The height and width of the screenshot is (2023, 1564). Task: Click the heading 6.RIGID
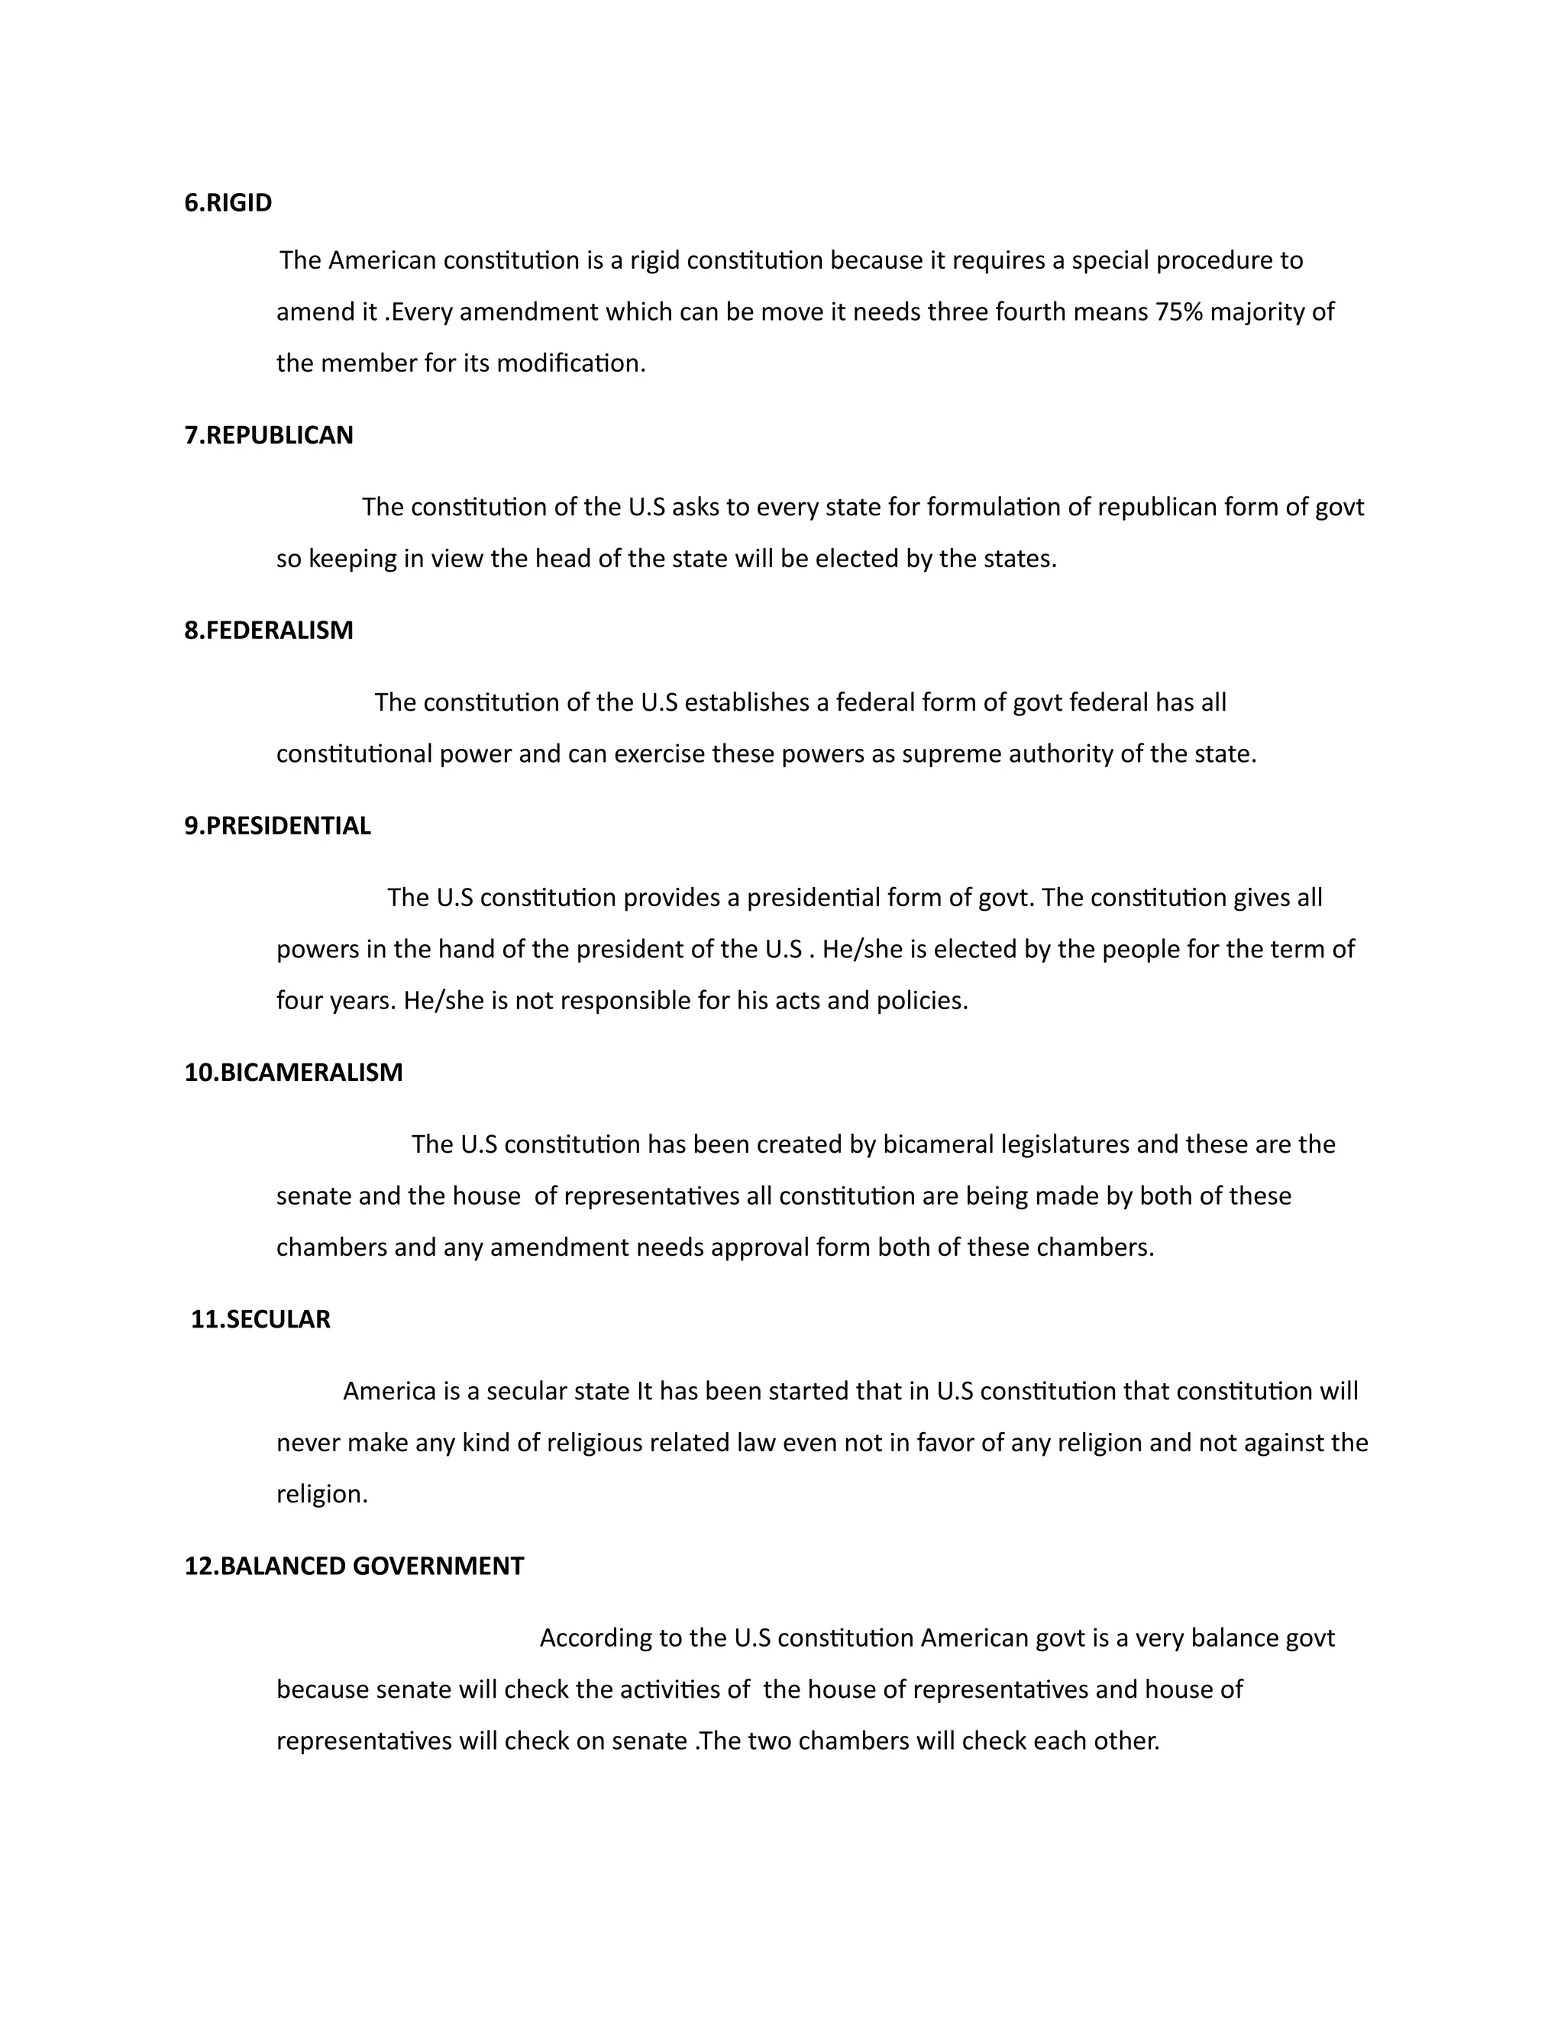tap(228, 203)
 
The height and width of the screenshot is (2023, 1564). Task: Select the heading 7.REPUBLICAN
tap(269, 435)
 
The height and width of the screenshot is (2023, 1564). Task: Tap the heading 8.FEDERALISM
tap(269, 631)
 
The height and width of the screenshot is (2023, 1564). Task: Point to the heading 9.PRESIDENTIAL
tap(277, 826)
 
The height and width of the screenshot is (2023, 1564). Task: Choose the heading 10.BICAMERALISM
tap(294, 1073)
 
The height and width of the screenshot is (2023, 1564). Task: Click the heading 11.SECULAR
tap(260, 1319)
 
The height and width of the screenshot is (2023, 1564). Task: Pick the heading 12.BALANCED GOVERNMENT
tap(354, 1566)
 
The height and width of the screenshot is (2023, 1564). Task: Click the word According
tap(596, 1638)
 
